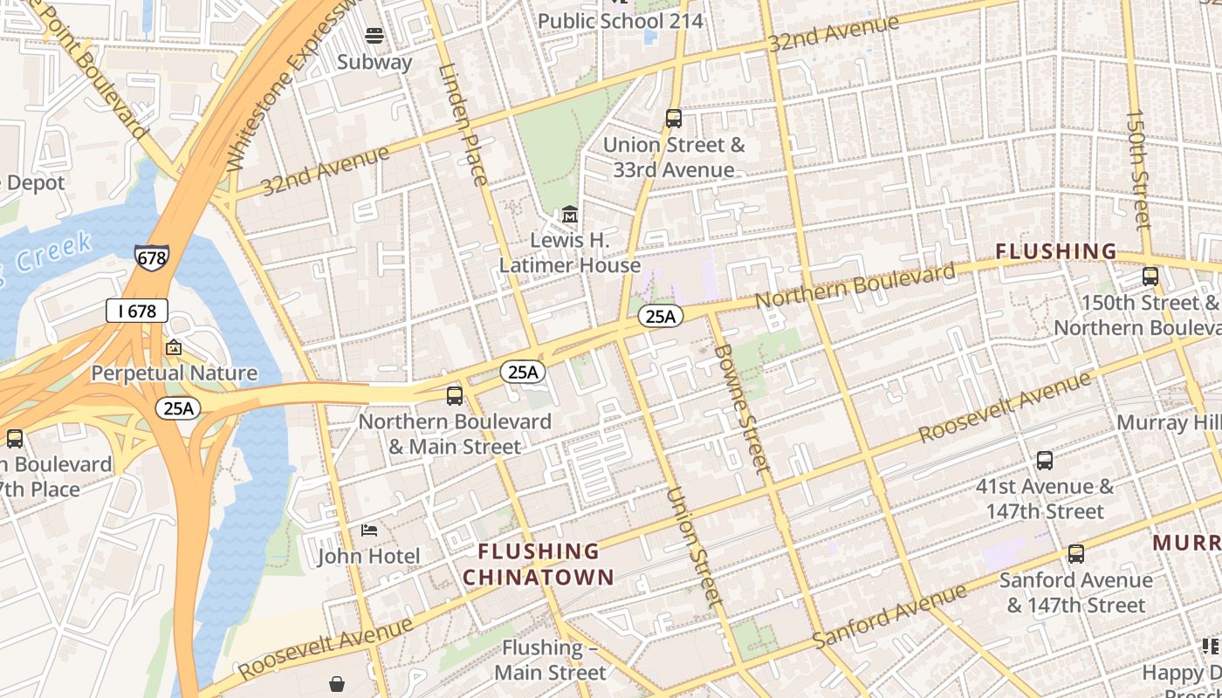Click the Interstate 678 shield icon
(152, 257)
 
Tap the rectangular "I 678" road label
(137, 311)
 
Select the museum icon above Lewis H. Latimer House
(570, 214)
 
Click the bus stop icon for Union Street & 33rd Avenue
(673, 119)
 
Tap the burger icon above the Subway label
(374, 36)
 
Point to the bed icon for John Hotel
(369, 530)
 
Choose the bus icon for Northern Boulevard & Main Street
(455, 396)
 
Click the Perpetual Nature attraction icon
(174, 348)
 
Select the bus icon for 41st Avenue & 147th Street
(1044, 461)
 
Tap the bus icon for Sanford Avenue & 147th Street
(1075, 554)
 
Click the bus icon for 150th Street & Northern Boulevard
(1150, 277)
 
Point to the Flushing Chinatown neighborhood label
(539, 564)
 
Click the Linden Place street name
(463, 125)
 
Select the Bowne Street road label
(742, 408)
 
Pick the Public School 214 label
(620, 21)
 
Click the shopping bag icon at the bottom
(337, 684)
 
